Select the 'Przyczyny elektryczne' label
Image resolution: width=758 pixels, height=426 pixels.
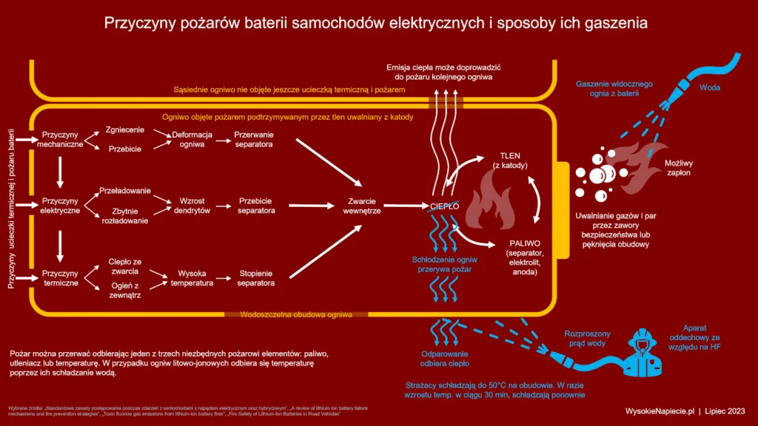coord(61,206)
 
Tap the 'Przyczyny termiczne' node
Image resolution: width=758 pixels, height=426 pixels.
coord(61,278)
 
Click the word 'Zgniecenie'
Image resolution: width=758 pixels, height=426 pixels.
coord(124,130)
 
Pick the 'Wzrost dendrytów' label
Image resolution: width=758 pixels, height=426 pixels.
coord(190,206)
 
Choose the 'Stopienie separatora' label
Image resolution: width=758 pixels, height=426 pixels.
coord(256,278)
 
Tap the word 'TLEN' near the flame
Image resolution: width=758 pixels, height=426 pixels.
coord(511,156)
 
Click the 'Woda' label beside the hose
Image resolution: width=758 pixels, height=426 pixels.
coord(710,87)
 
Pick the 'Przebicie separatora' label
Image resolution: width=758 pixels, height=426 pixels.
coord(256,206)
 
